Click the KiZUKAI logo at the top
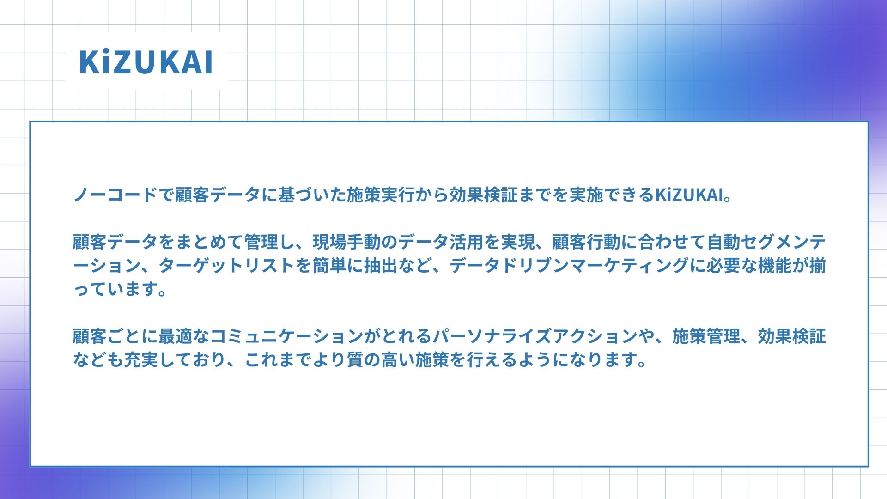(x=146, y=62)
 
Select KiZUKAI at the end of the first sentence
(x=688, y=195)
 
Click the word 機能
(x=775, y=266)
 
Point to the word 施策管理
(x=706, y=336)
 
